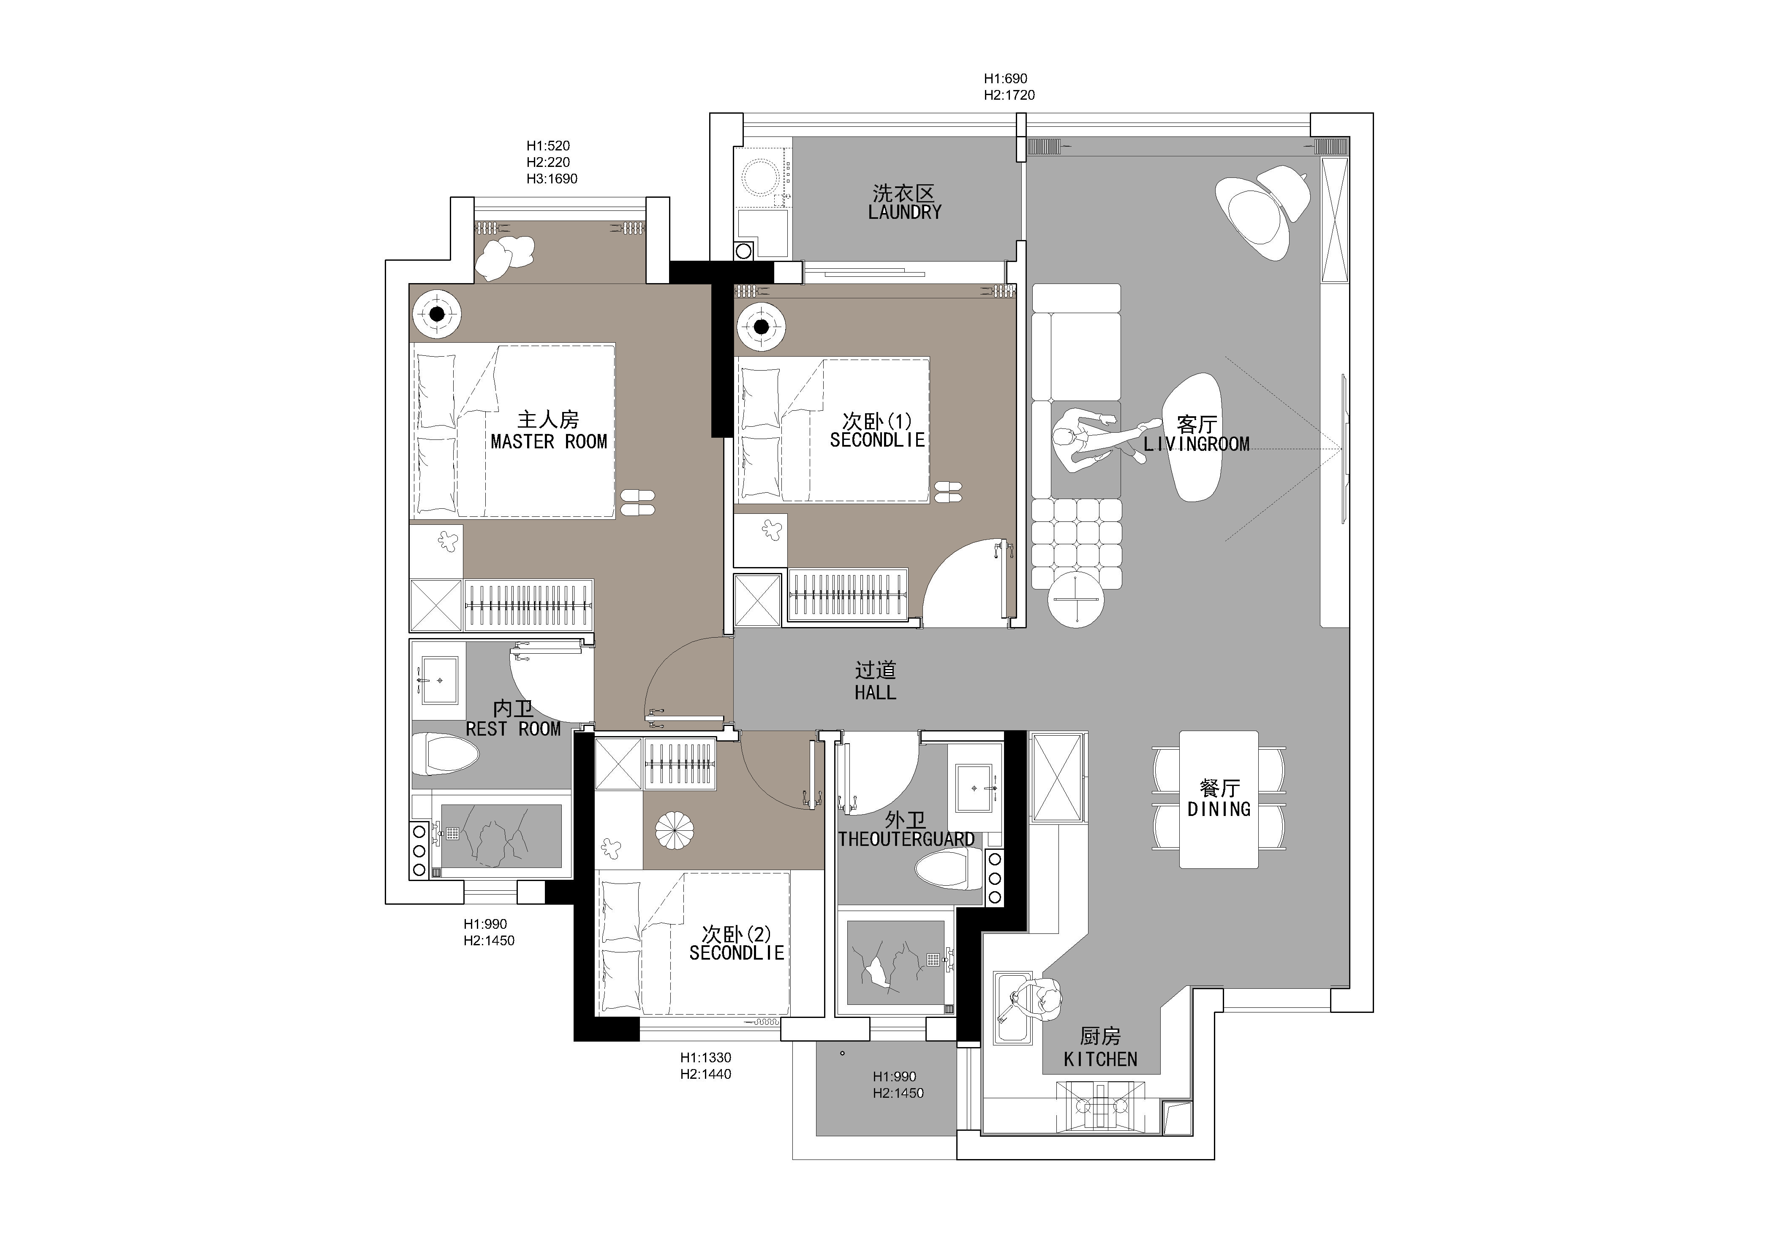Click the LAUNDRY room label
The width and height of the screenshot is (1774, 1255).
(x=905, y=213)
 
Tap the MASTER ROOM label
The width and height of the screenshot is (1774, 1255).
(x=549, y=442)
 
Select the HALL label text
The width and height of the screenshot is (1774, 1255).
(x=876, y=693)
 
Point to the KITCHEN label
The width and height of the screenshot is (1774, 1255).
(x=1100, y=1059)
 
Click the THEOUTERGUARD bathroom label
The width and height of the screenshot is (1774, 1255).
(x=906, y=839)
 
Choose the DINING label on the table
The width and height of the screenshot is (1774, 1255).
(x=1219, y=809)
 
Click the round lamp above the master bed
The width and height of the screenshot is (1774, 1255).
(x=437, y=314)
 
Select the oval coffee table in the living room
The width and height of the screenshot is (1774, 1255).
(x=1193, y=437)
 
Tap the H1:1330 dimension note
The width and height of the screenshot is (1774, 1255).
(x=705, y=1057)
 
